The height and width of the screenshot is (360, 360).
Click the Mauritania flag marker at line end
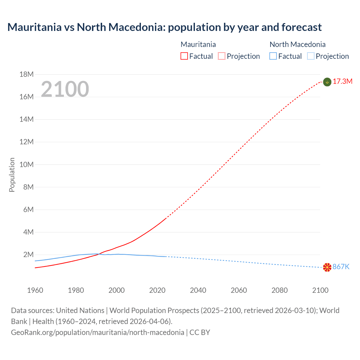coord(327,82)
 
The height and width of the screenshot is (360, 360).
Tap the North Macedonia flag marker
coord(327,267)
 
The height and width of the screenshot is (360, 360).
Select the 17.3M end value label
coord(343,82)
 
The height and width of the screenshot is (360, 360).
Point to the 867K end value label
coord(341,267)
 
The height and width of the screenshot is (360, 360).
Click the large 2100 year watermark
coord(65,89)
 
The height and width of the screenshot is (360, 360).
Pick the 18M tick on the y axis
coord(26,75)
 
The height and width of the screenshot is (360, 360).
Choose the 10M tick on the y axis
coord(26,165)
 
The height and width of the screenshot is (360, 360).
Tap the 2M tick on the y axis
coord(28,255)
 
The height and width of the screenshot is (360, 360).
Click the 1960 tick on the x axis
coord(35,290)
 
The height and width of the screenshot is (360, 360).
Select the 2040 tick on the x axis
coord(198,290)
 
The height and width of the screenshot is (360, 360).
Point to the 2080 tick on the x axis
coord(280,290)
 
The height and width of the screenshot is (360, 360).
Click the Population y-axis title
coord(12,175)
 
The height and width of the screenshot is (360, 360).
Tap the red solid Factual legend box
coord(184,56)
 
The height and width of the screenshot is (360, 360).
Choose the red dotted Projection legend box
coord(222,56)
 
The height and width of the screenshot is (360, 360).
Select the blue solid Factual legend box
coord(273,56)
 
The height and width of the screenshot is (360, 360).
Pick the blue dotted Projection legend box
coord(311,56)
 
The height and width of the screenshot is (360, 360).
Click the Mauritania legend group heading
coord(198,44)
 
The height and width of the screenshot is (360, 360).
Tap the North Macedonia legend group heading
coord(298,44)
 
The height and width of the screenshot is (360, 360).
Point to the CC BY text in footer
coord(200,332)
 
